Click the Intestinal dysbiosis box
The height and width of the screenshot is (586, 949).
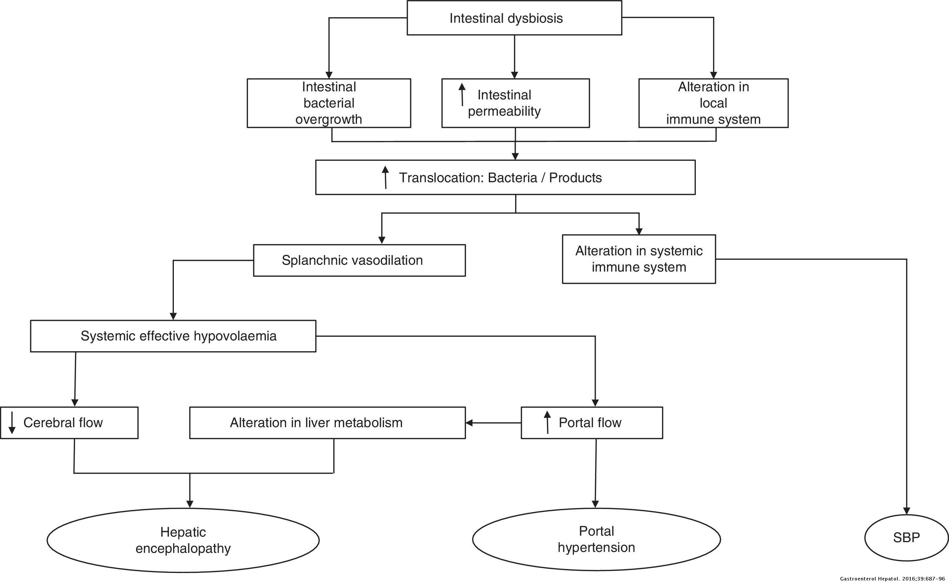point(514,18)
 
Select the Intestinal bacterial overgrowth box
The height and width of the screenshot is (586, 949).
point(329,103)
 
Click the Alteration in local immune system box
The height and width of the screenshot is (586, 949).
point(713,103)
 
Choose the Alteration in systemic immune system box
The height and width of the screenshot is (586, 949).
point(639,259)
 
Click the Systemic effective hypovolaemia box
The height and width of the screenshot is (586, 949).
point(173,336)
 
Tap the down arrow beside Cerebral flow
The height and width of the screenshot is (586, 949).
point(12,423)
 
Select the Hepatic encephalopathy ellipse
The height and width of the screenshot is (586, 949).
point(183,540)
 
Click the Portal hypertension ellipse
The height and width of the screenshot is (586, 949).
point(596,539)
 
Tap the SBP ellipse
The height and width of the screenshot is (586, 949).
point(906,538)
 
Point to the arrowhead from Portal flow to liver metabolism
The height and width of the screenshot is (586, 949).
point(469,423)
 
